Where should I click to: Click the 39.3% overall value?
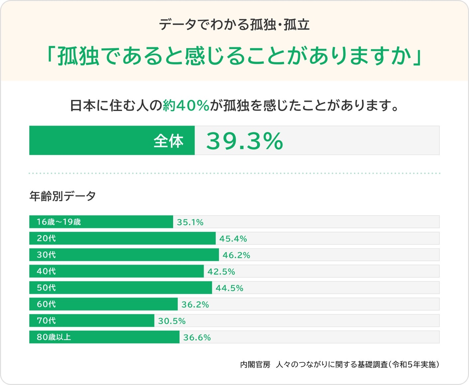click(244, 141)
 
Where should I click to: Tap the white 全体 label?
click(168, 141)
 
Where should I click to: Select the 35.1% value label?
click(190, 222)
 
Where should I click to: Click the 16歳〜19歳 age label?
click(59, 222)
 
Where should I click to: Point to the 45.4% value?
click(233, 239)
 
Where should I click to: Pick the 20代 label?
click(46, 238)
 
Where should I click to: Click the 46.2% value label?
click(236, 255)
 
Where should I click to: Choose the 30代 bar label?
click(46, 255)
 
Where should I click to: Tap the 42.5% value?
click(221, 271)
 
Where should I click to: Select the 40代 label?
click(46, 271)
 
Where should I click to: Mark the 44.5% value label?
click(229, 288)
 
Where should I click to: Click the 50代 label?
click(46, 287)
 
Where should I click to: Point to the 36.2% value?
click(195, 304)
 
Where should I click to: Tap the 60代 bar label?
click(46, 304)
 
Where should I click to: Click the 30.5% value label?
click(172, 321)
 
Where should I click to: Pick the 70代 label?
click(46, 320)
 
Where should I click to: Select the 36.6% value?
click(197, 338)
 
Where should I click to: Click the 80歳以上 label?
click(54, 337)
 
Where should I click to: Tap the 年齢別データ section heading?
click(62, 196)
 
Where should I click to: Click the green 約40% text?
click(186, 106)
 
